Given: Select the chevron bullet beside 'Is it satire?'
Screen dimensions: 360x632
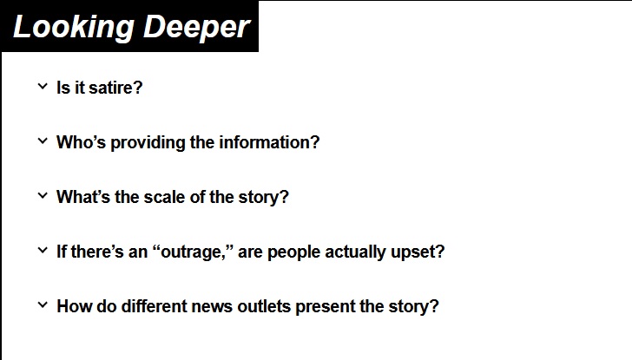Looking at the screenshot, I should tap(42, 86).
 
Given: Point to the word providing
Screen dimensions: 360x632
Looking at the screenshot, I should tap(145, 142).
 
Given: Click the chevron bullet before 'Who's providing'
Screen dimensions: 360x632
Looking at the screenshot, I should tap(42, 141).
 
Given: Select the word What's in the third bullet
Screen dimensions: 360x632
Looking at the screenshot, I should tap(83, 197).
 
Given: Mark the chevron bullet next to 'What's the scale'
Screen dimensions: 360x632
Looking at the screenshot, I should tap(42, 195).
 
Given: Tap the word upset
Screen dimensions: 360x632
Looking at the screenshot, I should tap(418, 252).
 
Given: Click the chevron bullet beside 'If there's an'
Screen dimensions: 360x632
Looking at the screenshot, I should tap(42, 251).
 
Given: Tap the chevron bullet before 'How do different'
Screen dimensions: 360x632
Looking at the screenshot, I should tap(42, 305).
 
